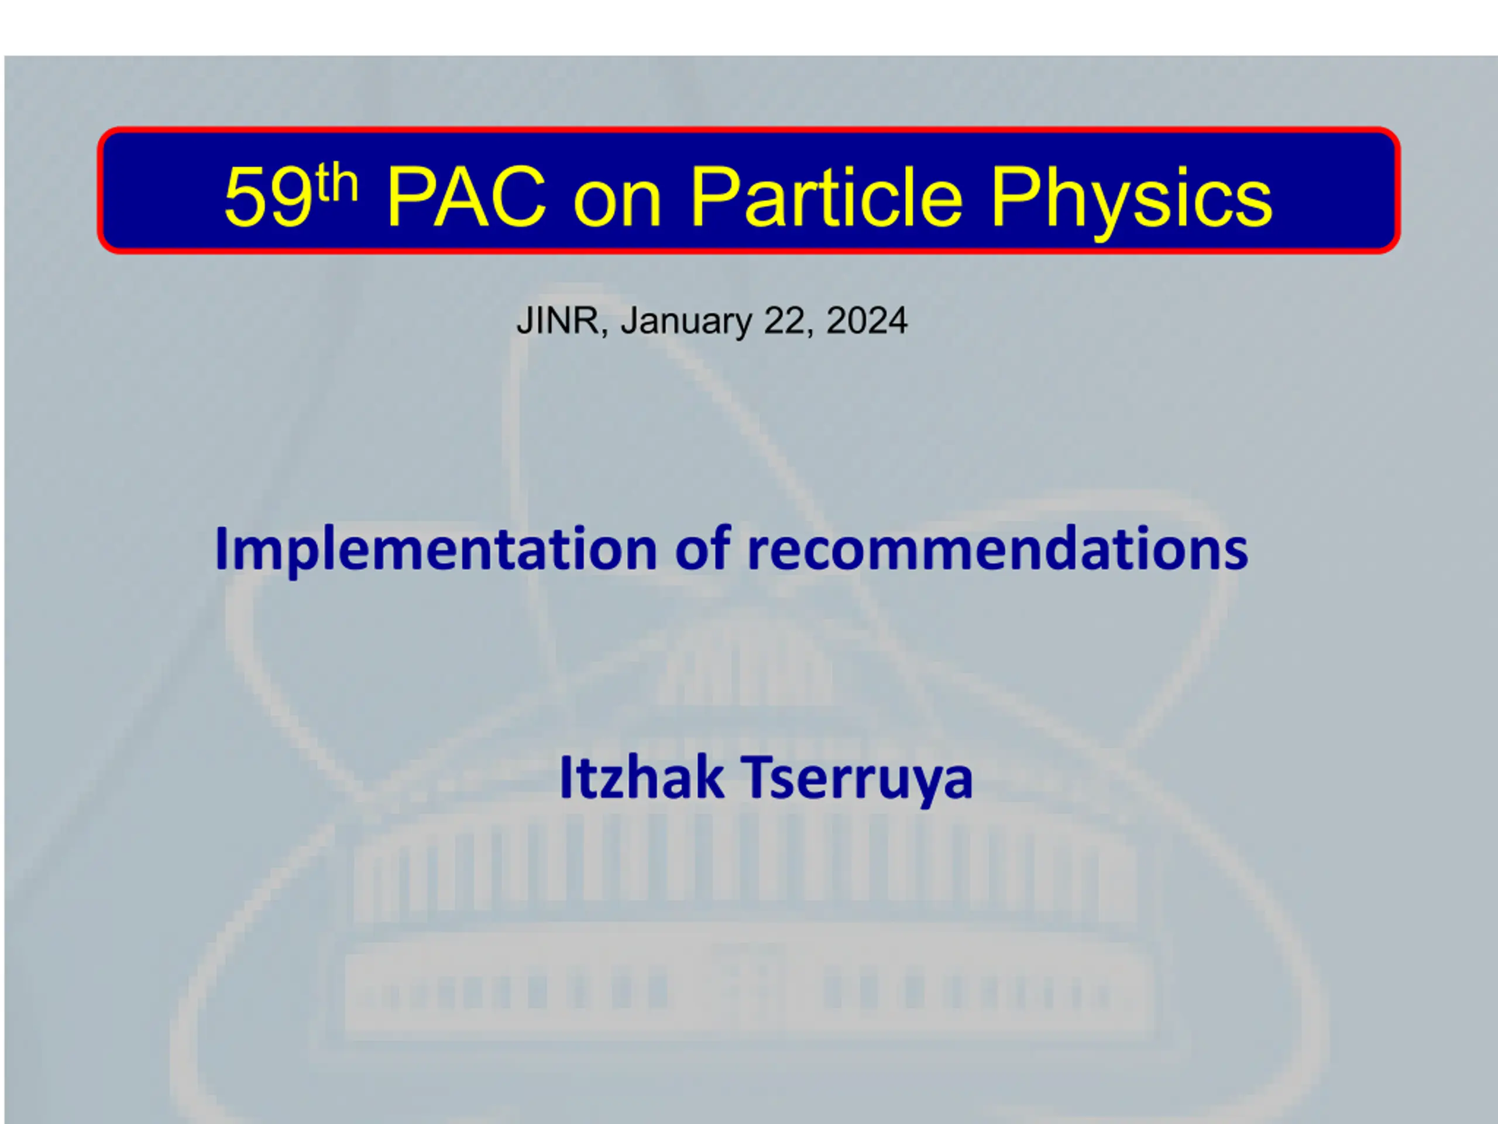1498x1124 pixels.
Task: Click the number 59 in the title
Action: [x=269, y=197]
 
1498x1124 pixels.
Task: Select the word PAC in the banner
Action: [x=466, y=197]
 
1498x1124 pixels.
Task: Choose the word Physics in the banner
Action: [x=1132, y=201]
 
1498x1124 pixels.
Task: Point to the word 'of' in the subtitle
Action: [x=702, y=547]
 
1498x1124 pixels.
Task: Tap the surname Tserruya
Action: [x=857, y=780]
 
